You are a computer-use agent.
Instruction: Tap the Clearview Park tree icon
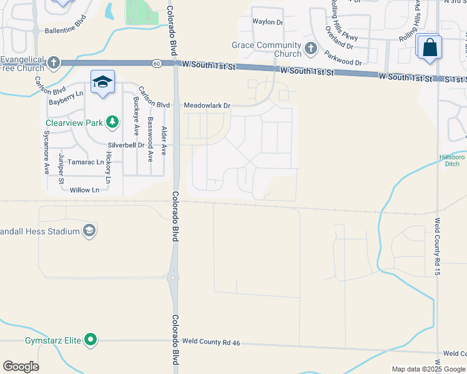point(112,122)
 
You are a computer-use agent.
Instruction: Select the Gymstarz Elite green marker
point(91,340)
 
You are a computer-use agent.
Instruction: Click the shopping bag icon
point(430,47)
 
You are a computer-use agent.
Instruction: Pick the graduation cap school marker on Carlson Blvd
point(102,82)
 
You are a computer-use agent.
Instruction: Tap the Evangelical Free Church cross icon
point(54,62)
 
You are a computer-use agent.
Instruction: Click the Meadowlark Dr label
point(207,106)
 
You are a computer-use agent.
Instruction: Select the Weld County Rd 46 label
point(211,342)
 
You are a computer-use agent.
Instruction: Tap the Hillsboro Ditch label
point(451,160)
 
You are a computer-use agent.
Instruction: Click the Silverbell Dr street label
point(126,145)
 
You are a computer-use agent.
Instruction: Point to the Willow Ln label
point(84,189)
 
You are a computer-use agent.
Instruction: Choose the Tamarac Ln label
point(86,162)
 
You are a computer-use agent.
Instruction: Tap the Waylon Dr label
point(267,22)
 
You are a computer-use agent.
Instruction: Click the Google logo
point(21,367)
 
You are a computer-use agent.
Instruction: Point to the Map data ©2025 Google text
point(428,369)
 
